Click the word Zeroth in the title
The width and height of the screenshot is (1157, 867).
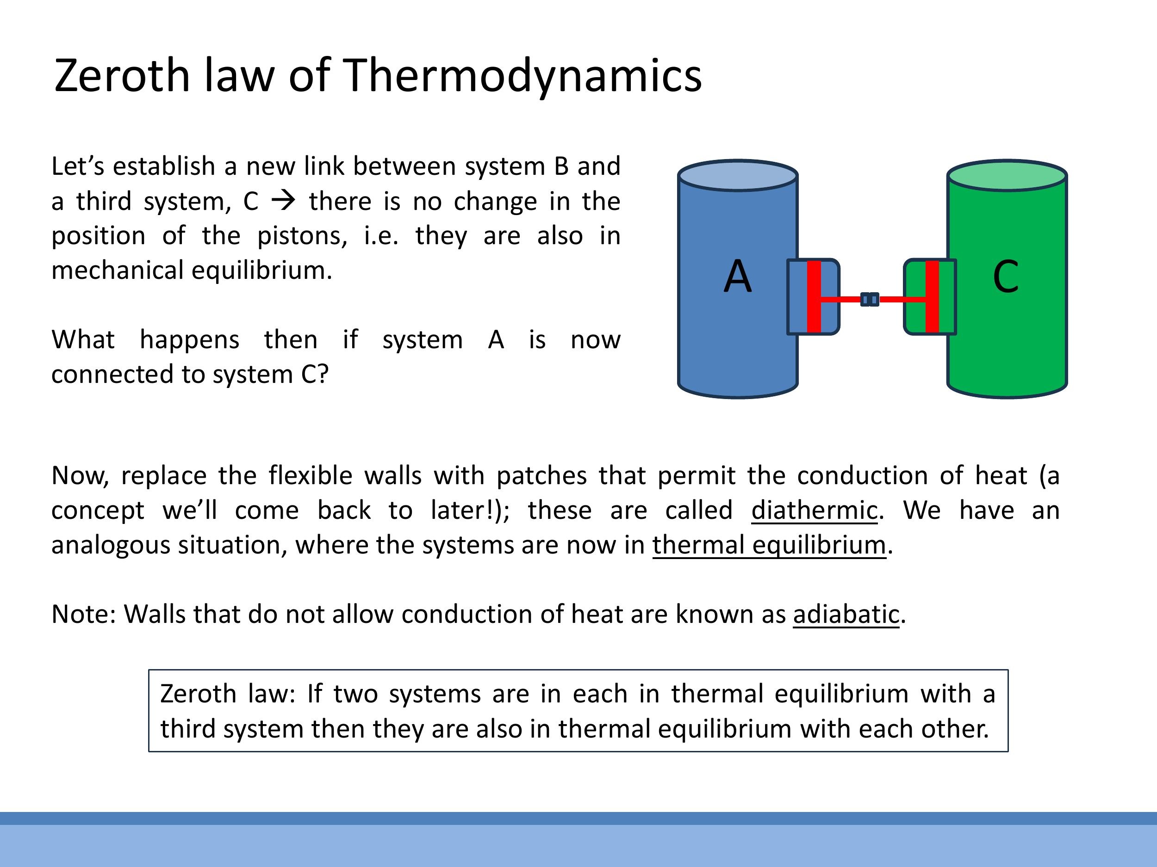(122, 76)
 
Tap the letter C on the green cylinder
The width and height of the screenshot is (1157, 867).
(1005, 277)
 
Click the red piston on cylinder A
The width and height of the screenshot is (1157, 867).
(814, 296)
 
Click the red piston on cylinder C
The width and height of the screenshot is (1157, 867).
(932, 296)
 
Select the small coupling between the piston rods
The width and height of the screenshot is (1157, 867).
(870, 300)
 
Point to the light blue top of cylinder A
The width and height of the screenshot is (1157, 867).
(738, 176)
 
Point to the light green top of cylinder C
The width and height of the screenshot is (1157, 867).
(1007, 176)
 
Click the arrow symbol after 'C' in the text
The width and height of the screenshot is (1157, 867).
(284, 201)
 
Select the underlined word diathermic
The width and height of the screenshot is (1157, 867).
(815, 510)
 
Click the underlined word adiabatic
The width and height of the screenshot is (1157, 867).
(846, 614)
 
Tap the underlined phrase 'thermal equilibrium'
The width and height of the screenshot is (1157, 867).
(769, 545)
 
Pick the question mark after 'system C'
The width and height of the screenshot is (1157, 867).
(323, 374)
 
